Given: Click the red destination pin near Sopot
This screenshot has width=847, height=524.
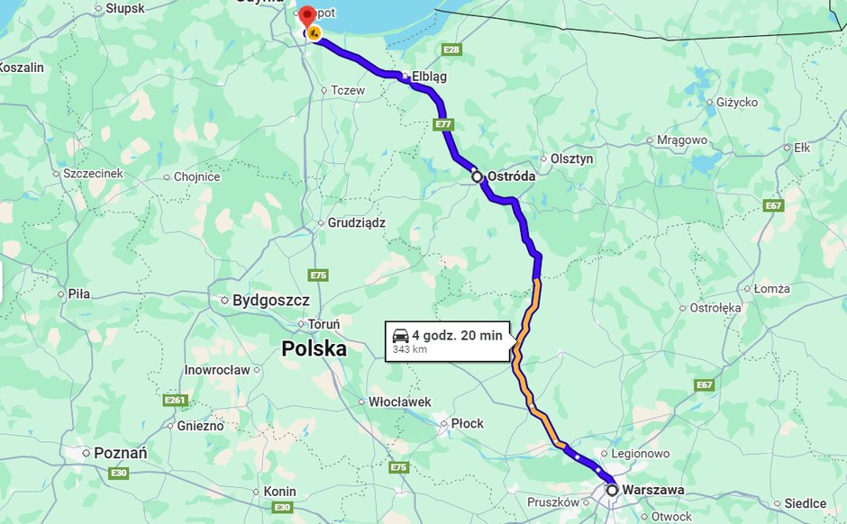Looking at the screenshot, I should tap(306, 16).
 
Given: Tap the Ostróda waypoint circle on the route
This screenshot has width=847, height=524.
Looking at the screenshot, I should tap(478, 177).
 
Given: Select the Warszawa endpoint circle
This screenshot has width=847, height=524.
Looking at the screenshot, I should tap(613, 491).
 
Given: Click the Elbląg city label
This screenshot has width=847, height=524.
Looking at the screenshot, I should tap(430, 77).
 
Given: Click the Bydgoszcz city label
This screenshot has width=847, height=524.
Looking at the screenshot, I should tap(270, 301).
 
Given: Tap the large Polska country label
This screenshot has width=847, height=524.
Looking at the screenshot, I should tap(314, 348).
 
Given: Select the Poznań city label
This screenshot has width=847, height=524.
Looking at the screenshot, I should tap(120, 454).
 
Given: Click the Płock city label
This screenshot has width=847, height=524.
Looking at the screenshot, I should tap(467, 423).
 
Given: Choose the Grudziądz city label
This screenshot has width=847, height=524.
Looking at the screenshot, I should tap(356, 221).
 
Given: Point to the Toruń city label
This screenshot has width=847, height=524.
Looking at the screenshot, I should tap(323, 324).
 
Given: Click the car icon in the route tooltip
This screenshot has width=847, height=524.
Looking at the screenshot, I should tap(400, 336).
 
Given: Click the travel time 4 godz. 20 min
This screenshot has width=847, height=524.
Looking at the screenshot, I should tap(458, 336).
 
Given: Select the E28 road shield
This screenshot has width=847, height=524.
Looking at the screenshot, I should tap(451, 49).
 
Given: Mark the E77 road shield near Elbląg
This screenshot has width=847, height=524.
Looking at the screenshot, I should tap(442, 123).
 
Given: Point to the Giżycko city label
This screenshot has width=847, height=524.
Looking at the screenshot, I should tap(736, 102).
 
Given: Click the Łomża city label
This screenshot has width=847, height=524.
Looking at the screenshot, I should tap(771, 289).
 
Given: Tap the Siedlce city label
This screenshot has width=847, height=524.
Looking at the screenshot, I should tap(805, 503).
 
